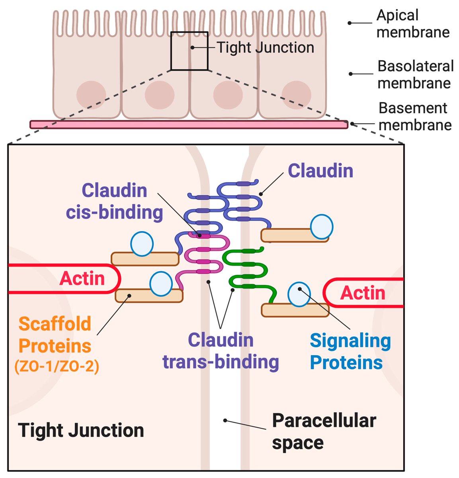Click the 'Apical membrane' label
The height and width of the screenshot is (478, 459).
413,24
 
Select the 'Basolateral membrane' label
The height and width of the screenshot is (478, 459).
415,74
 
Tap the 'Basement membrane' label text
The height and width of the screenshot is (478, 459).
415,116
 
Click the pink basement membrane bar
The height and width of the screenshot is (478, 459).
189,124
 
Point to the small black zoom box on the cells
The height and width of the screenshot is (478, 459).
189,51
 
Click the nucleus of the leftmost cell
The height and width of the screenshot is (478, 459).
91,95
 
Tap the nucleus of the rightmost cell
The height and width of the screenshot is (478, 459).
296,95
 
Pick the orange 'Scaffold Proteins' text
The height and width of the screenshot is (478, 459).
55,335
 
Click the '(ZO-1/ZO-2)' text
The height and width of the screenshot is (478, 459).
57,367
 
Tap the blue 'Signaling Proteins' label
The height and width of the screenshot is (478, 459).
350,351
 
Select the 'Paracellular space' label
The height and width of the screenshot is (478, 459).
324,431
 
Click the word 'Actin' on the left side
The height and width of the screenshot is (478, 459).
82,278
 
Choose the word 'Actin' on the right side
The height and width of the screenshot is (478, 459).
363,292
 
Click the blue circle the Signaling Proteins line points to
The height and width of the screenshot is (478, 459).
299,294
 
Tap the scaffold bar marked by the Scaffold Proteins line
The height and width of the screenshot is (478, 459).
149,296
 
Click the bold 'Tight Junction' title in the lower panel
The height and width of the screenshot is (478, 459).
81,430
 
